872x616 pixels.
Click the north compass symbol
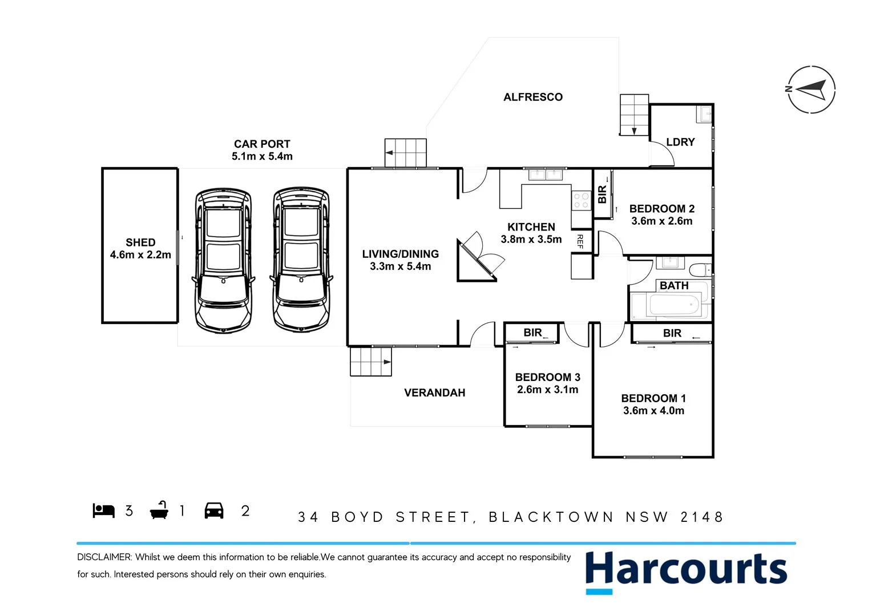tap(811, 90)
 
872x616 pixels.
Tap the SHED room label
tap(140, 243)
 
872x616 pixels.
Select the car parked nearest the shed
tap(223, 260)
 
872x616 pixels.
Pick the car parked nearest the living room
tap(301, 260)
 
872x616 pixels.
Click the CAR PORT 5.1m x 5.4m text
tap(262, 151)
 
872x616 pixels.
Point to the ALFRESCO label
tap(533, 98)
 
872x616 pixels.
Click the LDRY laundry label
tap(680, 142)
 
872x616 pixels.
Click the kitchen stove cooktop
tap(582, 200)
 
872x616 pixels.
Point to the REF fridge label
tap(580, 241)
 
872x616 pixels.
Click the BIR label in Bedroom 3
tap(532, 333)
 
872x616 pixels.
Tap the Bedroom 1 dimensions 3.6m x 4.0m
tap(653, 411)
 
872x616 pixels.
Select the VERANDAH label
tap(434, 393)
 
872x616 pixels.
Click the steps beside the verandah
tap(371, 362)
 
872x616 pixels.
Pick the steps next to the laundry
tap(634, 115)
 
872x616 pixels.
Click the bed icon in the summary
tap(104, 510)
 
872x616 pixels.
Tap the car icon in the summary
tap(214, 510)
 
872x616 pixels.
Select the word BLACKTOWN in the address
tap(551, 517)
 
